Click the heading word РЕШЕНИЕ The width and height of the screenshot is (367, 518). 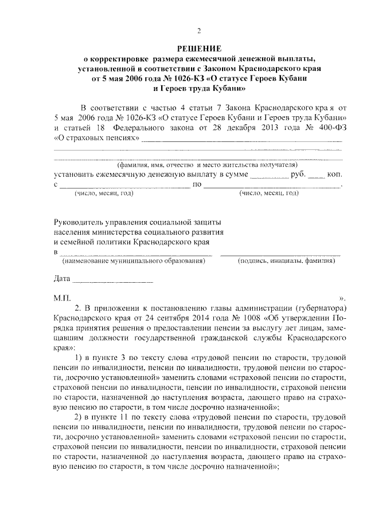pos(198,48)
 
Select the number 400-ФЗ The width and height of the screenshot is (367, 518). pos(331,128)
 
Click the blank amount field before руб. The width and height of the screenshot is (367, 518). pos(270,175)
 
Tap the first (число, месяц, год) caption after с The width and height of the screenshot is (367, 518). pos(104,193)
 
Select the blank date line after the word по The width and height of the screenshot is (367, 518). pos(272,187)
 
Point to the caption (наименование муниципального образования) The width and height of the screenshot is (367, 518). pos(134,261)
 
